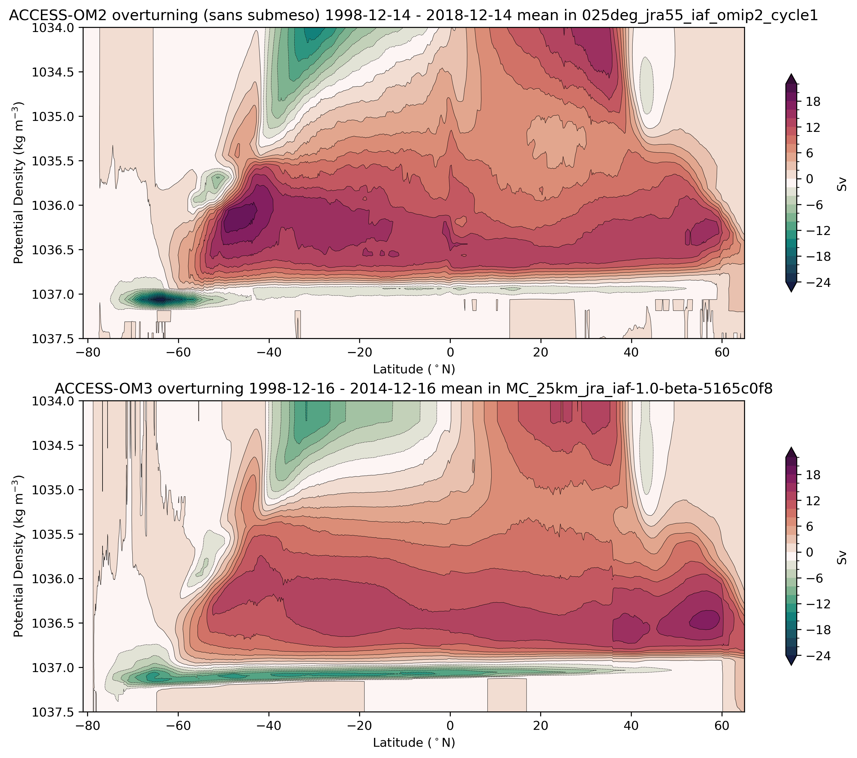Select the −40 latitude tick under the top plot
click(269, 352)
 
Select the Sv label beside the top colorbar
click(842, 185)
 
